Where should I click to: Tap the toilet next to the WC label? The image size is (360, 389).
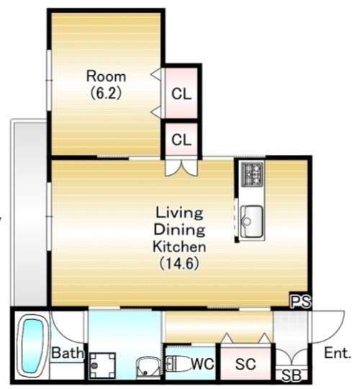click(177, 364)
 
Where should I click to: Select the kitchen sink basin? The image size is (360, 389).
click(252, 221)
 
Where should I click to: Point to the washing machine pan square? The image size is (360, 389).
click(102, 365)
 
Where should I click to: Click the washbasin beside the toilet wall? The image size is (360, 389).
click(148, 367)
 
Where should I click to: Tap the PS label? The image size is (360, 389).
click(300, 301)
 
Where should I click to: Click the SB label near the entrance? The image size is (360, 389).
click(292, 375)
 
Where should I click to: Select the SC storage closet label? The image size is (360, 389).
click(246, 364)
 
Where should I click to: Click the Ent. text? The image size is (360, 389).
click(338, 353)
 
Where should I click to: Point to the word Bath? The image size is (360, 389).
click(68, 352)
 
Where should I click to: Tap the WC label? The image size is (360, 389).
click(202, 364)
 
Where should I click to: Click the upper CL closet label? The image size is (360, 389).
click(181, 94)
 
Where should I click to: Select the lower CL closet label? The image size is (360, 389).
click(181, 140)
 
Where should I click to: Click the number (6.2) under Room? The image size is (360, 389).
click(106, 94)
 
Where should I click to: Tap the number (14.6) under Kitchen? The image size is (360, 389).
click(179, 264)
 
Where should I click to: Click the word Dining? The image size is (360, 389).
click(179, 230)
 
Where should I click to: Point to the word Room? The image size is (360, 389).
click(106, 76)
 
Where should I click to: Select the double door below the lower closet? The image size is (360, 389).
click(181, 168)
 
